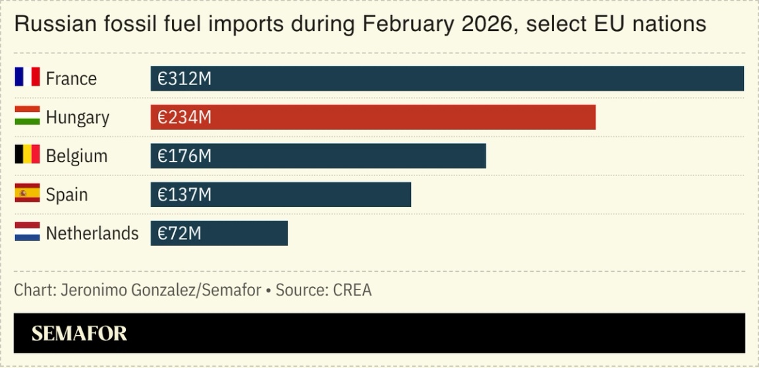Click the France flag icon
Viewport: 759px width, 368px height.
(x=27, y=78)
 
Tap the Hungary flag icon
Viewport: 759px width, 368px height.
(x=27, y=117)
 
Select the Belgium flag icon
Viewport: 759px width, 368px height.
(x=27, y=155)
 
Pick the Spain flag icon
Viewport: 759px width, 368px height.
(x=27, y=194)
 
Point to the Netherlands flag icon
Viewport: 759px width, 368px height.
(x=27, y=232)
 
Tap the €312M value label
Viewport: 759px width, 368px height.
(x=184, y=78)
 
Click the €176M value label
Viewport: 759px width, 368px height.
(x=184, y=156)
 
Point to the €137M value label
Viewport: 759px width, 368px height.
(x=184, y=195)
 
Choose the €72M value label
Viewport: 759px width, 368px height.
(x=179, y=233)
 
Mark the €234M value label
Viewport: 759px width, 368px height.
(x=184, y=117)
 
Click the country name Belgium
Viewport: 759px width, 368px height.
(x=76, y=156)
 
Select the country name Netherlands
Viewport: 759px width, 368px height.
(x=92, y=233)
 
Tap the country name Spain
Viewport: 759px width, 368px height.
(x=67, y=195)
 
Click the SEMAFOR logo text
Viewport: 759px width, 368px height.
(x=79, y=333)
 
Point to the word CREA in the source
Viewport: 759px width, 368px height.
(x=352, y=290)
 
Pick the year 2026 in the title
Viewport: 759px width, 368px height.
(x=482, y=24)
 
